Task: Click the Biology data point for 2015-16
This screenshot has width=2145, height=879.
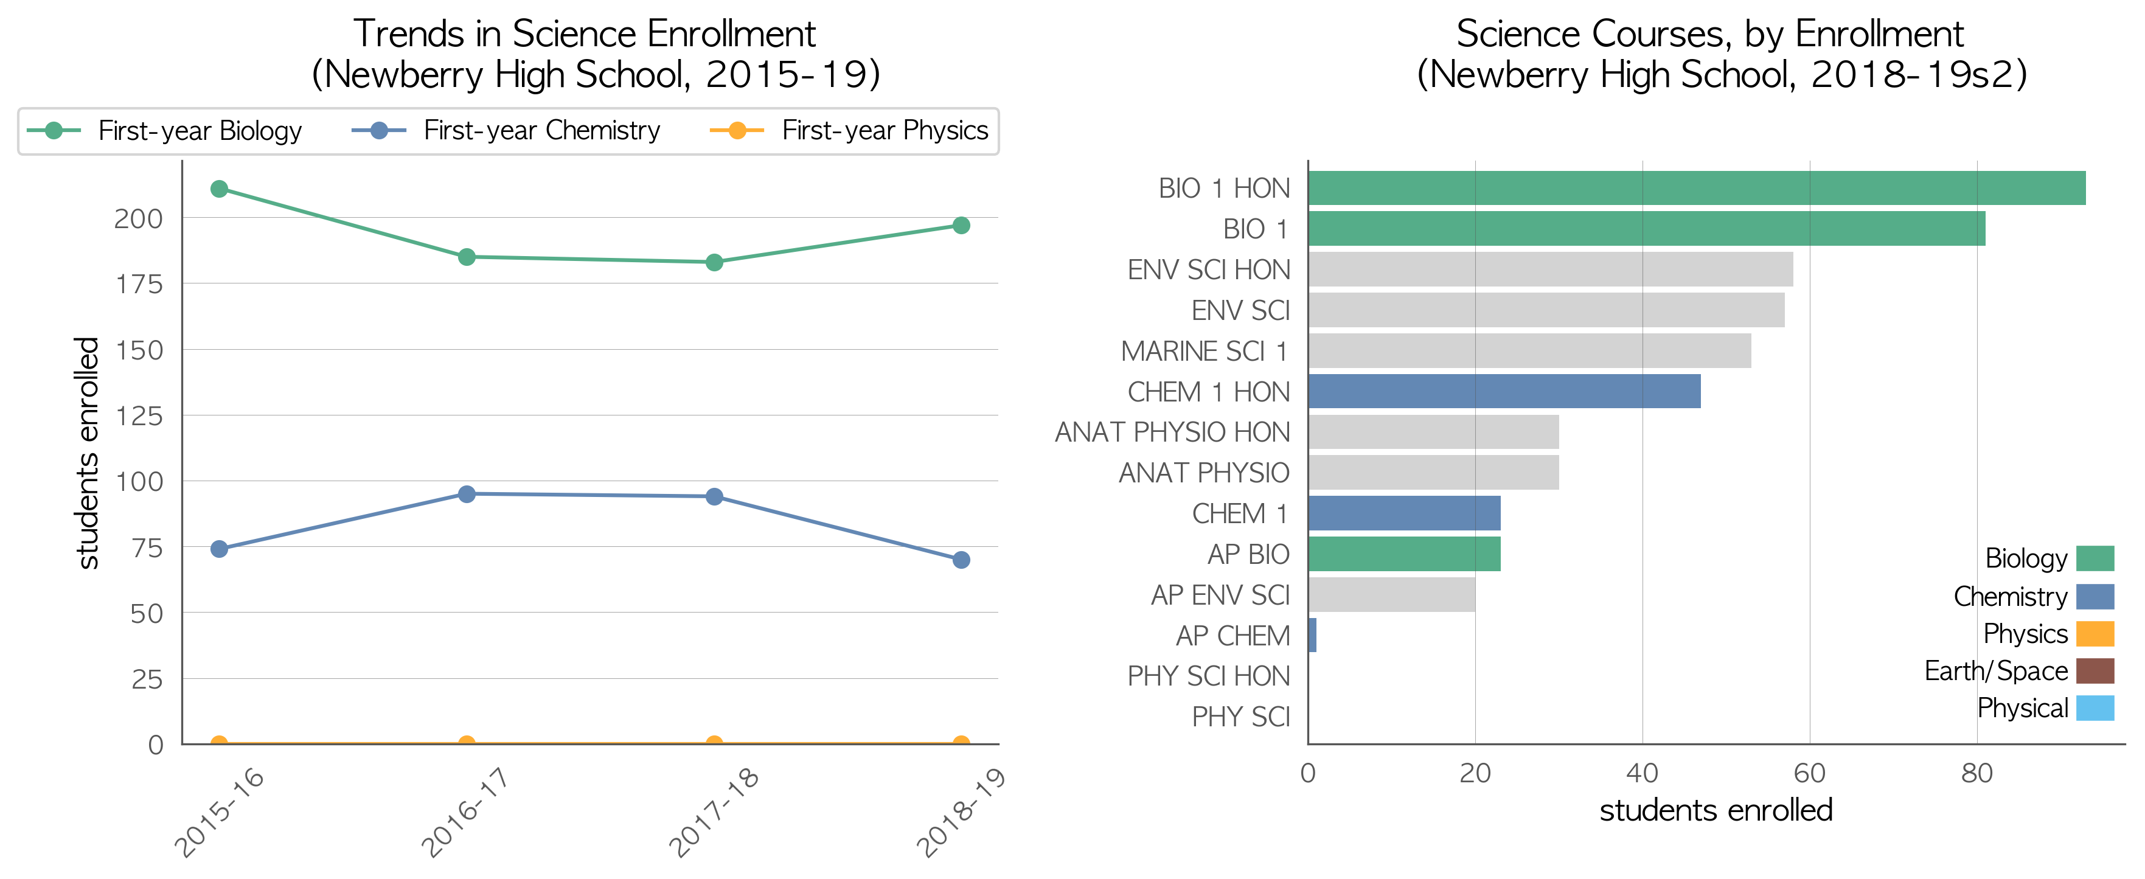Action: [x=219, y=189]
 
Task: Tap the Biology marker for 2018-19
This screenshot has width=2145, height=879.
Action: [x=961, y=226]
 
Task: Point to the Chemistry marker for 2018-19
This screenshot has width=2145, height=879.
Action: [x=961, y=560]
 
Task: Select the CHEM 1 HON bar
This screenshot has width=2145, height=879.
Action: [x=1504, y=391]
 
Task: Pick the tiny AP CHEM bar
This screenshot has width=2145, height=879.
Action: [x=1312, y=635]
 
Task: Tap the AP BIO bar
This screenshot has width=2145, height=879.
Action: [x=1404, y=554]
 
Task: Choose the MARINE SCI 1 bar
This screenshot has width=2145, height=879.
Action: [x=1529, y=350]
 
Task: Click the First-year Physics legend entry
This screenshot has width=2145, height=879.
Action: [x=849, y=131]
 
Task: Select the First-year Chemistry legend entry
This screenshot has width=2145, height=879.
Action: [x=506, y=131]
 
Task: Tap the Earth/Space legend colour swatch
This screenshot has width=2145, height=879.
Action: [x=2095, y=671]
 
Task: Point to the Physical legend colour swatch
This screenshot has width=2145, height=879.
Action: [x=2095, y=707]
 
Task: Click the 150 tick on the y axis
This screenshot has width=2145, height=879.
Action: [x=139, y=350]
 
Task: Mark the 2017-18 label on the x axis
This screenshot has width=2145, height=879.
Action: [x=714, y=811]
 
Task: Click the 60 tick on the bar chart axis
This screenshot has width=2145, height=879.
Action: [x=1809, y=773]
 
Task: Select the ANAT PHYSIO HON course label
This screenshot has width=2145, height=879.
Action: [x=1172, y=432]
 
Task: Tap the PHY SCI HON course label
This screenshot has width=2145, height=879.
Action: [x=1209, y=676]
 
